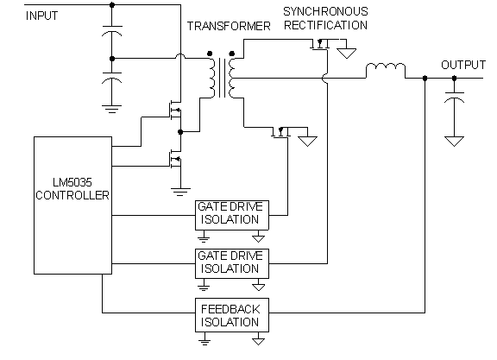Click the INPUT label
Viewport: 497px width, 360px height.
point(41,16)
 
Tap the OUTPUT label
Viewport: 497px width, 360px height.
point(463,65)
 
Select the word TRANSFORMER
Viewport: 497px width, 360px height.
point(229,26)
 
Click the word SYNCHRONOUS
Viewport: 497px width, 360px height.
point(325,12)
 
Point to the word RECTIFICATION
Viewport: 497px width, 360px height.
point(325,25)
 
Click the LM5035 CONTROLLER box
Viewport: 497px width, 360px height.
point(72,205)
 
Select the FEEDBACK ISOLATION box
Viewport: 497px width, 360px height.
point(232,315)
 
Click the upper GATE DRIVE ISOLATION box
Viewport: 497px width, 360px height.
point(232,215)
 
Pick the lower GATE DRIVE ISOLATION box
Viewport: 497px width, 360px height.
point(232,264)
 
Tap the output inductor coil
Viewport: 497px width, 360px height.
point(386,66)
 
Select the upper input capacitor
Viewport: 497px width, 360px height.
point(112,31)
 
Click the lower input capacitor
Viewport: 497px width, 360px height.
point(112,78)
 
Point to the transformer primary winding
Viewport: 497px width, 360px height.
point(211,78)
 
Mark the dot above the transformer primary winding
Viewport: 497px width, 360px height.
point(210,54)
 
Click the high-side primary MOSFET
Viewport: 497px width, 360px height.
point(175,111)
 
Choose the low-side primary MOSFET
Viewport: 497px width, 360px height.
point(175,159)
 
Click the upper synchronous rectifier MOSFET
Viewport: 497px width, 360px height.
point(320,44)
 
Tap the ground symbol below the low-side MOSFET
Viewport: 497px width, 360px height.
point(180,192)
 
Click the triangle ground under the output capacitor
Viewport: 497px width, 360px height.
point(454,141)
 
